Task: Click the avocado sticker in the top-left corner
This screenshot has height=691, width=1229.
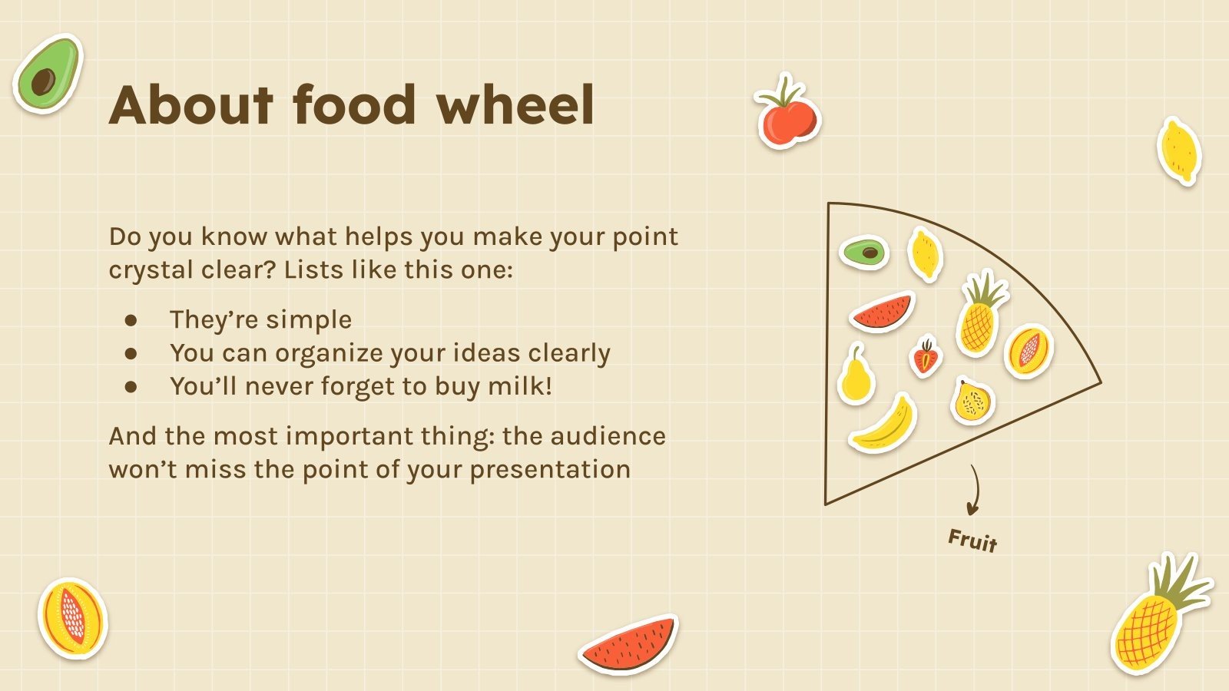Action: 47,74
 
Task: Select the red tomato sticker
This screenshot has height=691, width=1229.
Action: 787,115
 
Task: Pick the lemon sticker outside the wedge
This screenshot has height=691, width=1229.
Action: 1179,151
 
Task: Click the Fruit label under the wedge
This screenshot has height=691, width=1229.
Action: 972,541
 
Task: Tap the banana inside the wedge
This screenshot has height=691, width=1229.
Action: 884,424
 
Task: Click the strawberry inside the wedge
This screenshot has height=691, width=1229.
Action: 926,358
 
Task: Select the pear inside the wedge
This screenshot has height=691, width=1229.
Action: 855,376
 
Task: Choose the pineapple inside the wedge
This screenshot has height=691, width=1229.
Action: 980,315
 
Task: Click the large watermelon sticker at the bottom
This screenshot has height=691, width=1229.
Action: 629,645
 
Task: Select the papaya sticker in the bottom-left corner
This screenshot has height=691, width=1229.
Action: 72,619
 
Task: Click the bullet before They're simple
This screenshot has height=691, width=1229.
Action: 131,320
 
